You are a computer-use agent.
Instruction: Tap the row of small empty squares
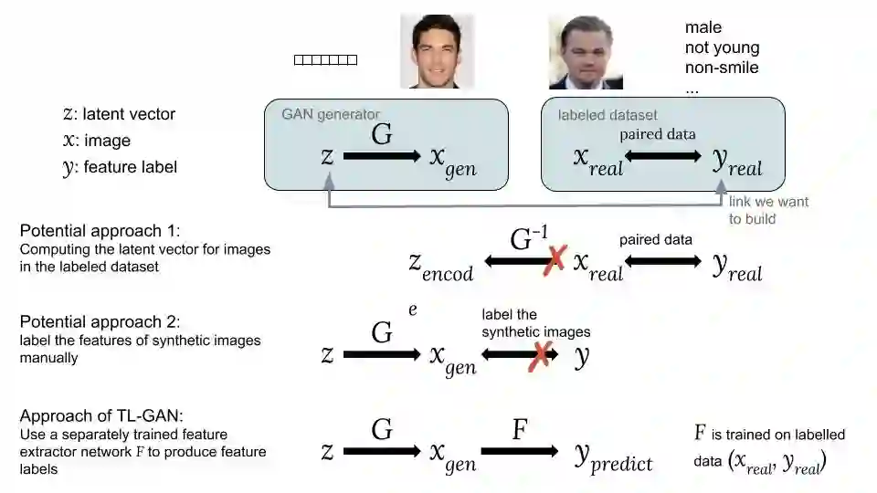click(x=325, y=60)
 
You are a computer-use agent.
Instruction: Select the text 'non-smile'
click(x=722, y=68)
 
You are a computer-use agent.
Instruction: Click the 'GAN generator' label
click(x=330, y=114)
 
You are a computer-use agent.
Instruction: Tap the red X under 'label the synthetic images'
click(x=540, y=354)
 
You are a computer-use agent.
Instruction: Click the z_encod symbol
click(x=440, y=266)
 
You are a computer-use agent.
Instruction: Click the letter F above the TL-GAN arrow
click(x=520, y=429)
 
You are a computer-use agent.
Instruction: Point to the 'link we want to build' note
click(x=768, y=210)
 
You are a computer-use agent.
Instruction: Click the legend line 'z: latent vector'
click(x=119, y=114)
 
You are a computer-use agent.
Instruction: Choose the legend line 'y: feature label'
click(x=120, y=167)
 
